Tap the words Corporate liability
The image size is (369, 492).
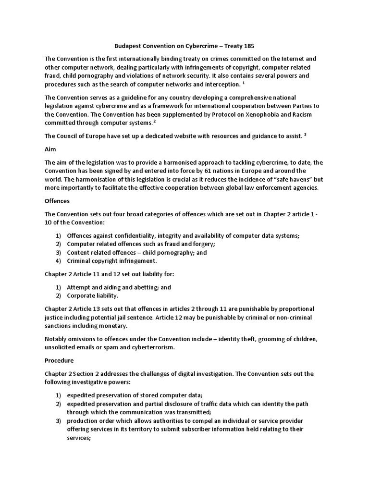[92, 295]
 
